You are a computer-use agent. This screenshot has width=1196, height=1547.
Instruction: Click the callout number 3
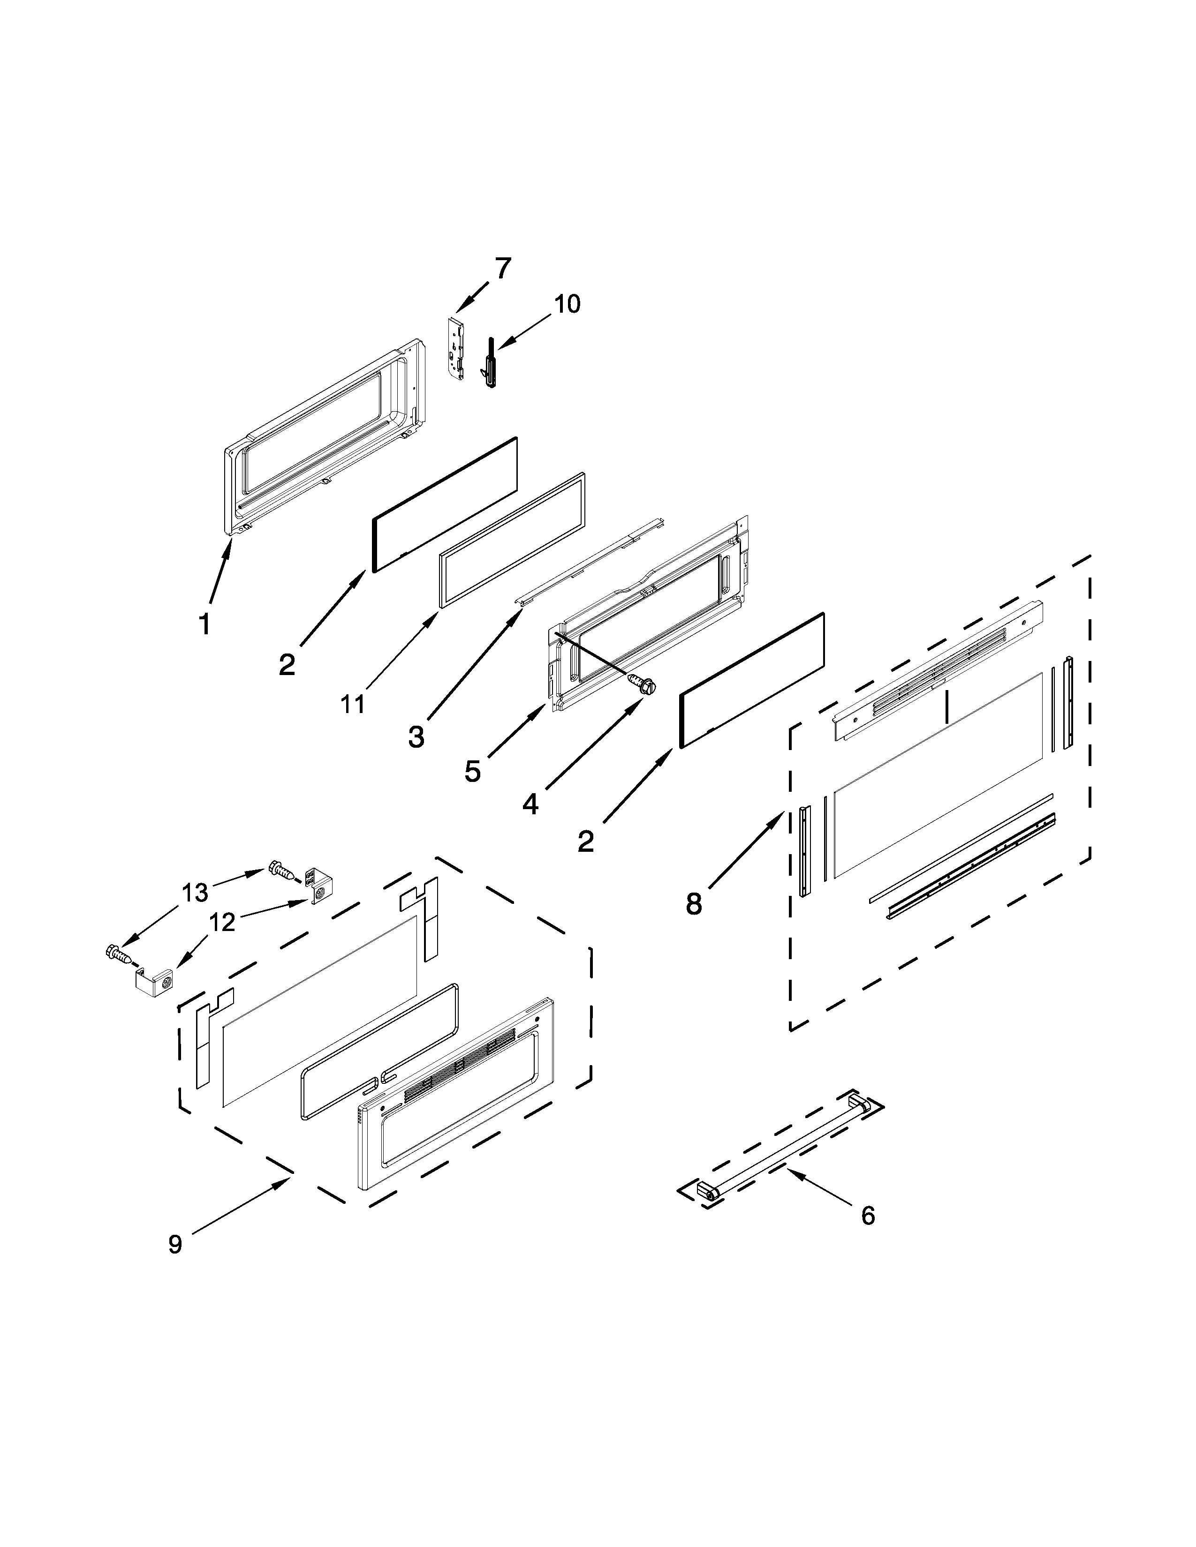[416, 737]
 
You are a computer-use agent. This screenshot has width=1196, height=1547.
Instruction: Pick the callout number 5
[473, 771]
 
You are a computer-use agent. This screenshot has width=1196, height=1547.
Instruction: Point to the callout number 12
[222, 922]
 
